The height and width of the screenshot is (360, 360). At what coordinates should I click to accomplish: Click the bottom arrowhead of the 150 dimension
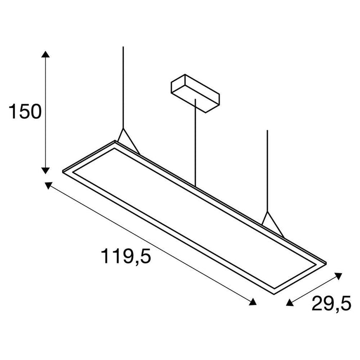(x=46, y=169)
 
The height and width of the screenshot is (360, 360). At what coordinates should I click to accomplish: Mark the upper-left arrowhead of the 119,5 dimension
(x=49, y=186)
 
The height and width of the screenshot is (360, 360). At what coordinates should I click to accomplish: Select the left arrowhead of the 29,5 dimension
(x=289, y=303)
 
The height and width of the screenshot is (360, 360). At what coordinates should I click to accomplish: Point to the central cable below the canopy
(x=195, y=144)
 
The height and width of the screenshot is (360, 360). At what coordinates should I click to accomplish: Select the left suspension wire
(x=123, y=87)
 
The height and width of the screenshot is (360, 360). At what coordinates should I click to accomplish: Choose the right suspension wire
(x=267, y=170)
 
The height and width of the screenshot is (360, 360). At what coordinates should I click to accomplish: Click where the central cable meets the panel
(x=195, y=186)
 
